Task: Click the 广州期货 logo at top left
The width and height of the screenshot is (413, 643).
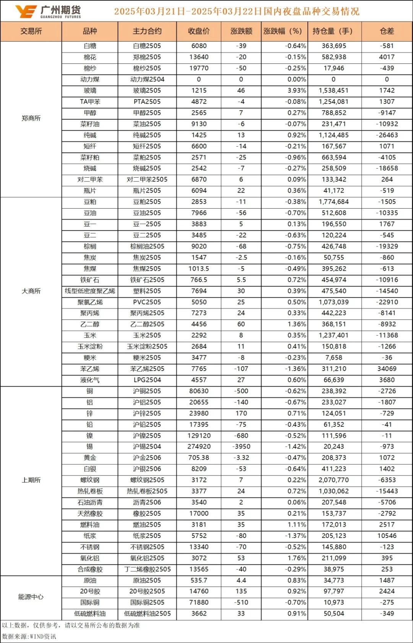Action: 48,11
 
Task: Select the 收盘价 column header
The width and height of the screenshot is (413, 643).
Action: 199,31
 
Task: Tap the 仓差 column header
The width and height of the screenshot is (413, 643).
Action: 387,31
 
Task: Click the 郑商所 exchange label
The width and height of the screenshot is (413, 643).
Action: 31,118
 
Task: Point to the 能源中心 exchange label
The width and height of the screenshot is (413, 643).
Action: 31,597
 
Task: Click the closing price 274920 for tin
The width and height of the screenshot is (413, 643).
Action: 199,447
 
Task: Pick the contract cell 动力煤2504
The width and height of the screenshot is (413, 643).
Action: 147,79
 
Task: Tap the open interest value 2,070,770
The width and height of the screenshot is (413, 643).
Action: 334,480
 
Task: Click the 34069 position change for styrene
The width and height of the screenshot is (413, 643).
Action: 387,369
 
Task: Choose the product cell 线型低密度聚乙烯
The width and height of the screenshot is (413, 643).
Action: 90,291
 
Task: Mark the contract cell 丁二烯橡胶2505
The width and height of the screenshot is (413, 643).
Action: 147,569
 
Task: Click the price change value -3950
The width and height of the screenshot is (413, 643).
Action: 241,447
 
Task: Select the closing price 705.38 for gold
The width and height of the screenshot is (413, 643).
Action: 199,458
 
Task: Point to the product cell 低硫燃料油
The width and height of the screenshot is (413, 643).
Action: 90,614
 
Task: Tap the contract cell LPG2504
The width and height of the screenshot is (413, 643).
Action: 147,380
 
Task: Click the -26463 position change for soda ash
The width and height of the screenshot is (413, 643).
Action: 387,135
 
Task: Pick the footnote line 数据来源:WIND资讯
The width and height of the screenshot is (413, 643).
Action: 29,637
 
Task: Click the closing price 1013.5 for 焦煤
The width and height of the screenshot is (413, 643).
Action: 199,269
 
